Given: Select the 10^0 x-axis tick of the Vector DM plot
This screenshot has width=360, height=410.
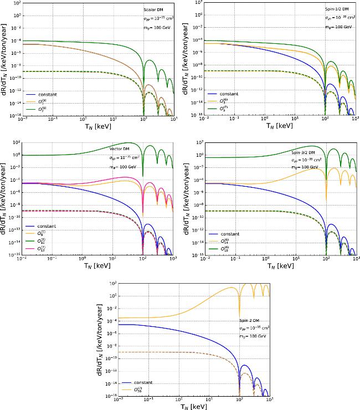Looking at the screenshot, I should click(83, 259).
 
